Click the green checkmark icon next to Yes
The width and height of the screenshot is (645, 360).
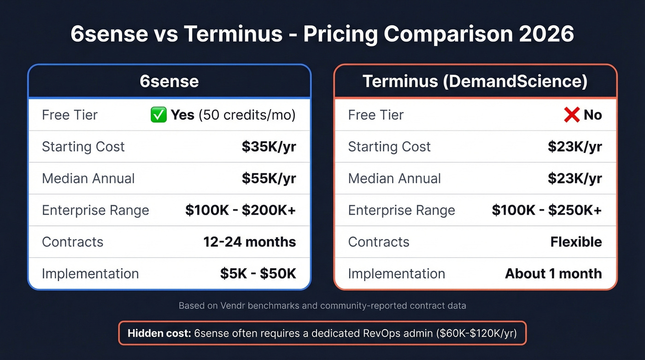pyautogui.click(x=158, y=115)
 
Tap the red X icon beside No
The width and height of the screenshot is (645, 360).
pyautogui.click(x=571, y=115)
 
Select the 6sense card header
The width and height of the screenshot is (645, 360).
pyautogui.click(x=169, y=82)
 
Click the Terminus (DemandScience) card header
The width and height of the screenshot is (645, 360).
pyautogui.click(x=475, y=82)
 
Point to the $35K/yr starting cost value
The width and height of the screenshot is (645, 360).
pyautogui.click(x=269, y=147)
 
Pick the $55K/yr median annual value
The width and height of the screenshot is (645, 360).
pyautogui.click(x=269, y=178)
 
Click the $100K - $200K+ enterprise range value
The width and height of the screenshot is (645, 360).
pyautogui.click(x=240, y=210)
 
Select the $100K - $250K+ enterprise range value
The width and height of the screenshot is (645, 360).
pyautogui.click(x=547, y=210)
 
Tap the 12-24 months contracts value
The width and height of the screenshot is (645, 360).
pyautogui.click(x=250, y=242)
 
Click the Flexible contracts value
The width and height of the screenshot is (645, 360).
pyautogui.click(x=576, y=242)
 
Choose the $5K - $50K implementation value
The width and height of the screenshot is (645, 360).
pyautogui.click(x=258, y=273)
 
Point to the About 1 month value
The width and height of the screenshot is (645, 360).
pyautogui.click(x=553, y=273)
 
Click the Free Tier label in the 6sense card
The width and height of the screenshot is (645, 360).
pyautogui.click(x=70, y=115)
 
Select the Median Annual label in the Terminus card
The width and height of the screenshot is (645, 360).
pyautogui.click(x=394, y=178)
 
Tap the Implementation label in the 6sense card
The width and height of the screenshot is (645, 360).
pyautogui.click(x=90, y=273)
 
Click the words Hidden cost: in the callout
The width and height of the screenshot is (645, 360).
pyautogui.click(x=159, y=333)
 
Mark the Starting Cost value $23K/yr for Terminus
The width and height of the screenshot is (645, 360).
pyautogui.click(x=575, y=147)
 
